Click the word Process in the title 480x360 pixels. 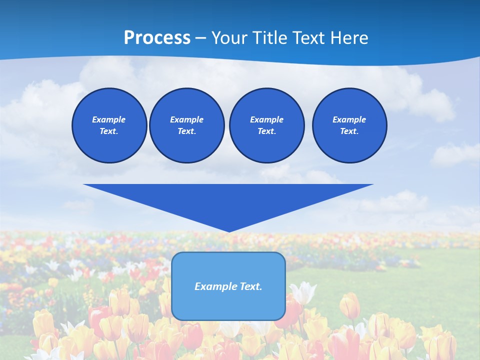(x=157, y=38)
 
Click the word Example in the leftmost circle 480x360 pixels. (x=109, y=119)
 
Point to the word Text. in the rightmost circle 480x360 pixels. (x=349, y=131)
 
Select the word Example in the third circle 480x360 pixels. (x=266, y=119)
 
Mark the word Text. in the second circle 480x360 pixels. (x=186, y=131)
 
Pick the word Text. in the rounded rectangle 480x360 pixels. (x=251, y=286)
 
